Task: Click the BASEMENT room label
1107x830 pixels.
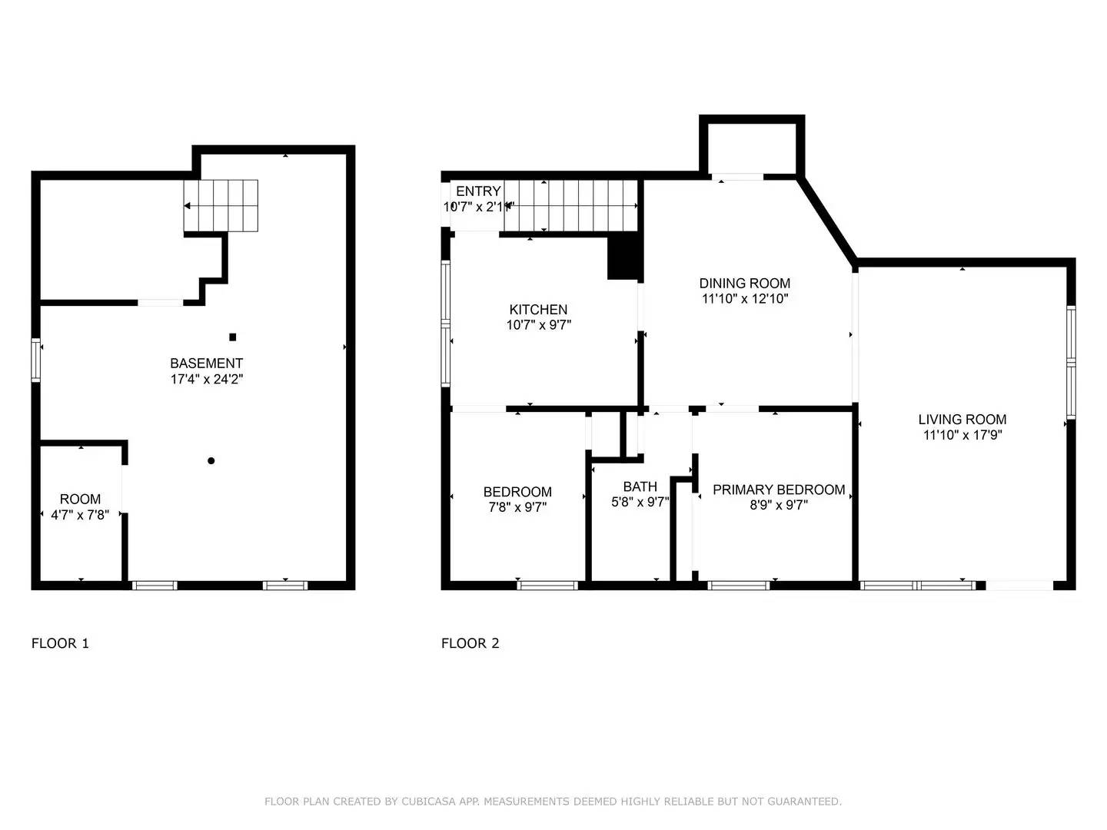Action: click(206, 364)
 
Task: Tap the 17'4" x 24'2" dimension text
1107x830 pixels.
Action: click(206, 379)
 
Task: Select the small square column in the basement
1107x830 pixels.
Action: click(233, 337)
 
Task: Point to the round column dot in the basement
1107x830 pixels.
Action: click(211, 461)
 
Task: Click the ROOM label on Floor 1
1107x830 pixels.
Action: click(80, 500)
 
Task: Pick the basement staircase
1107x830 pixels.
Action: click(221, 206)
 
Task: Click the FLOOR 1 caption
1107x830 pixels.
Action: click(60, 643)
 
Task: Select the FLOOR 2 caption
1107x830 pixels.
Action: click(470, 643)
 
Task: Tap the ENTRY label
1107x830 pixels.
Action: click(478, 191)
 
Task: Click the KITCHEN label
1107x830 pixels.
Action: click(538, 310)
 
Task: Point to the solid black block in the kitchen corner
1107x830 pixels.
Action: click(623, 257)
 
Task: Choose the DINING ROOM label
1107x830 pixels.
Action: click(744, 284)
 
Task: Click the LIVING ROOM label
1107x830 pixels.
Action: click(962, 420)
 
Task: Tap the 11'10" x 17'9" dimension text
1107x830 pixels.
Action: click(962, 435)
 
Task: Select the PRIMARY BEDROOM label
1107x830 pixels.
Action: click(779, 490)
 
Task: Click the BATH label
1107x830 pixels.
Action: click(640, 486)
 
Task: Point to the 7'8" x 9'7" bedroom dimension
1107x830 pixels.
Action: click(517, 507)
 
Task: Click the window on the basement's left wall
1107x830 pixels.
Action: click(35, 360)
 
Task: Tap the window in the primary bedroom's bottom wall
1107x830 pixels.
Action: click(738, 586)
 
